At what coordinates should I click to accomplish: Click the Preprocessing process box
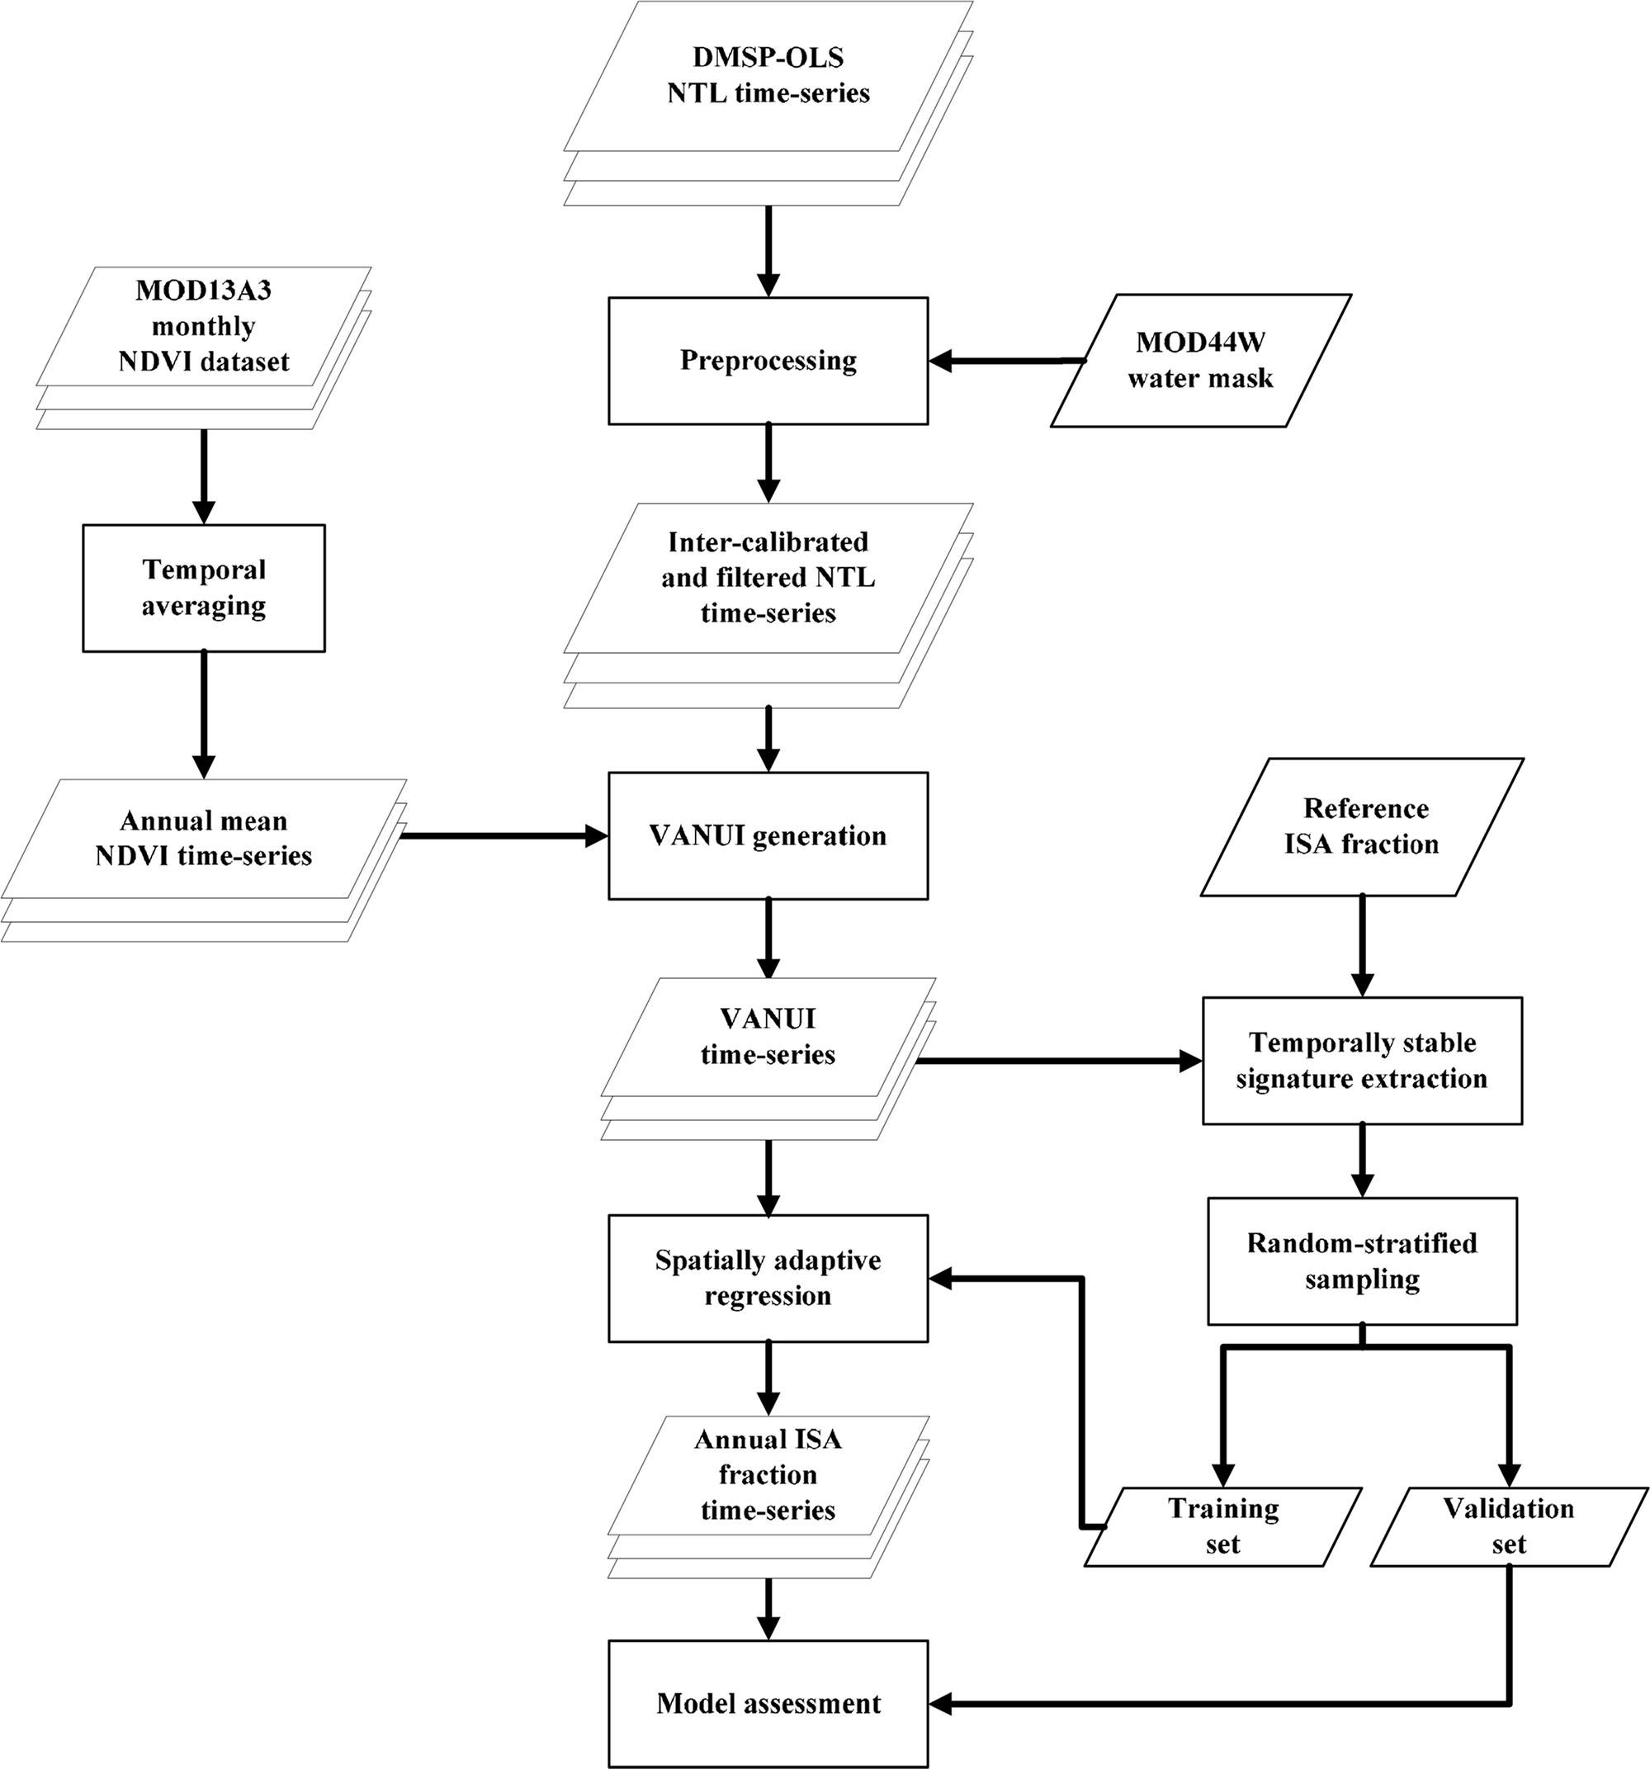point(767,361)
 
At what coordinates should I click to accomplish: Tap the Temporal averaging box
point(204,587)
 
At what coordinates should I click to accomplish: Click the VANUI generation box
point(767,835)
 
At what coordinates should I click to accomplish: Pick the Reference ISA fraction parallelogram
point(1361,825)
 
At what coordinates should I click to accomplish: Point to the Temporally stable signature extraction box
point(1361,1060)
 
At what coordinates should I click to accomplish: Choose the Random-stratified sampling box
point(1361,1260)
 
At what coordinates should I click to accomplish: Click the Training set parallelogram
point(1222,1527)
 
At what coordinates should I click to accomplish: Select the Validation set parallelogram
point(1509,1527)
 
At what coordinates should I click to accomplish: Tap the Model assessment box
point(767,1703)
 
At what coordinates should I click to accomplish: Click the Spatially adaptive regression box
point(767,1278)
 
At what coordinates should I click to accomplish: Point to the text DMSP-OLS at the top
point(767,57)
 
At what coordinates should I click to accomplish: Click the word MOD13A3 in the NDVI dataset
point(204,290)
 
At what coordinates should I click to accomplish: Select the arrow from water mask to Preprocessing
point(1005,362)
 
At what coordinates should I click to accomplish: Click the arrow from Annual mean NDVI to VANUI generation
point(503,835)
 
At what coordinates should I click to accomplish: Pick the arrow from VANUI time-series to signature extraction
point(1059,1061)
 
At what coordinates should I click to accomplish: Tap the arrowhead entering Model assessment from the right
point(942,1704)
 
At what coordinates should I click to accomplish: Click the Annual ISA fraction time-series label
point(767,1474)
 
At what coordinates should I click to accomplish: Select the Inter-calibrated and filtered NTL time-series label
point(767,578)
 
